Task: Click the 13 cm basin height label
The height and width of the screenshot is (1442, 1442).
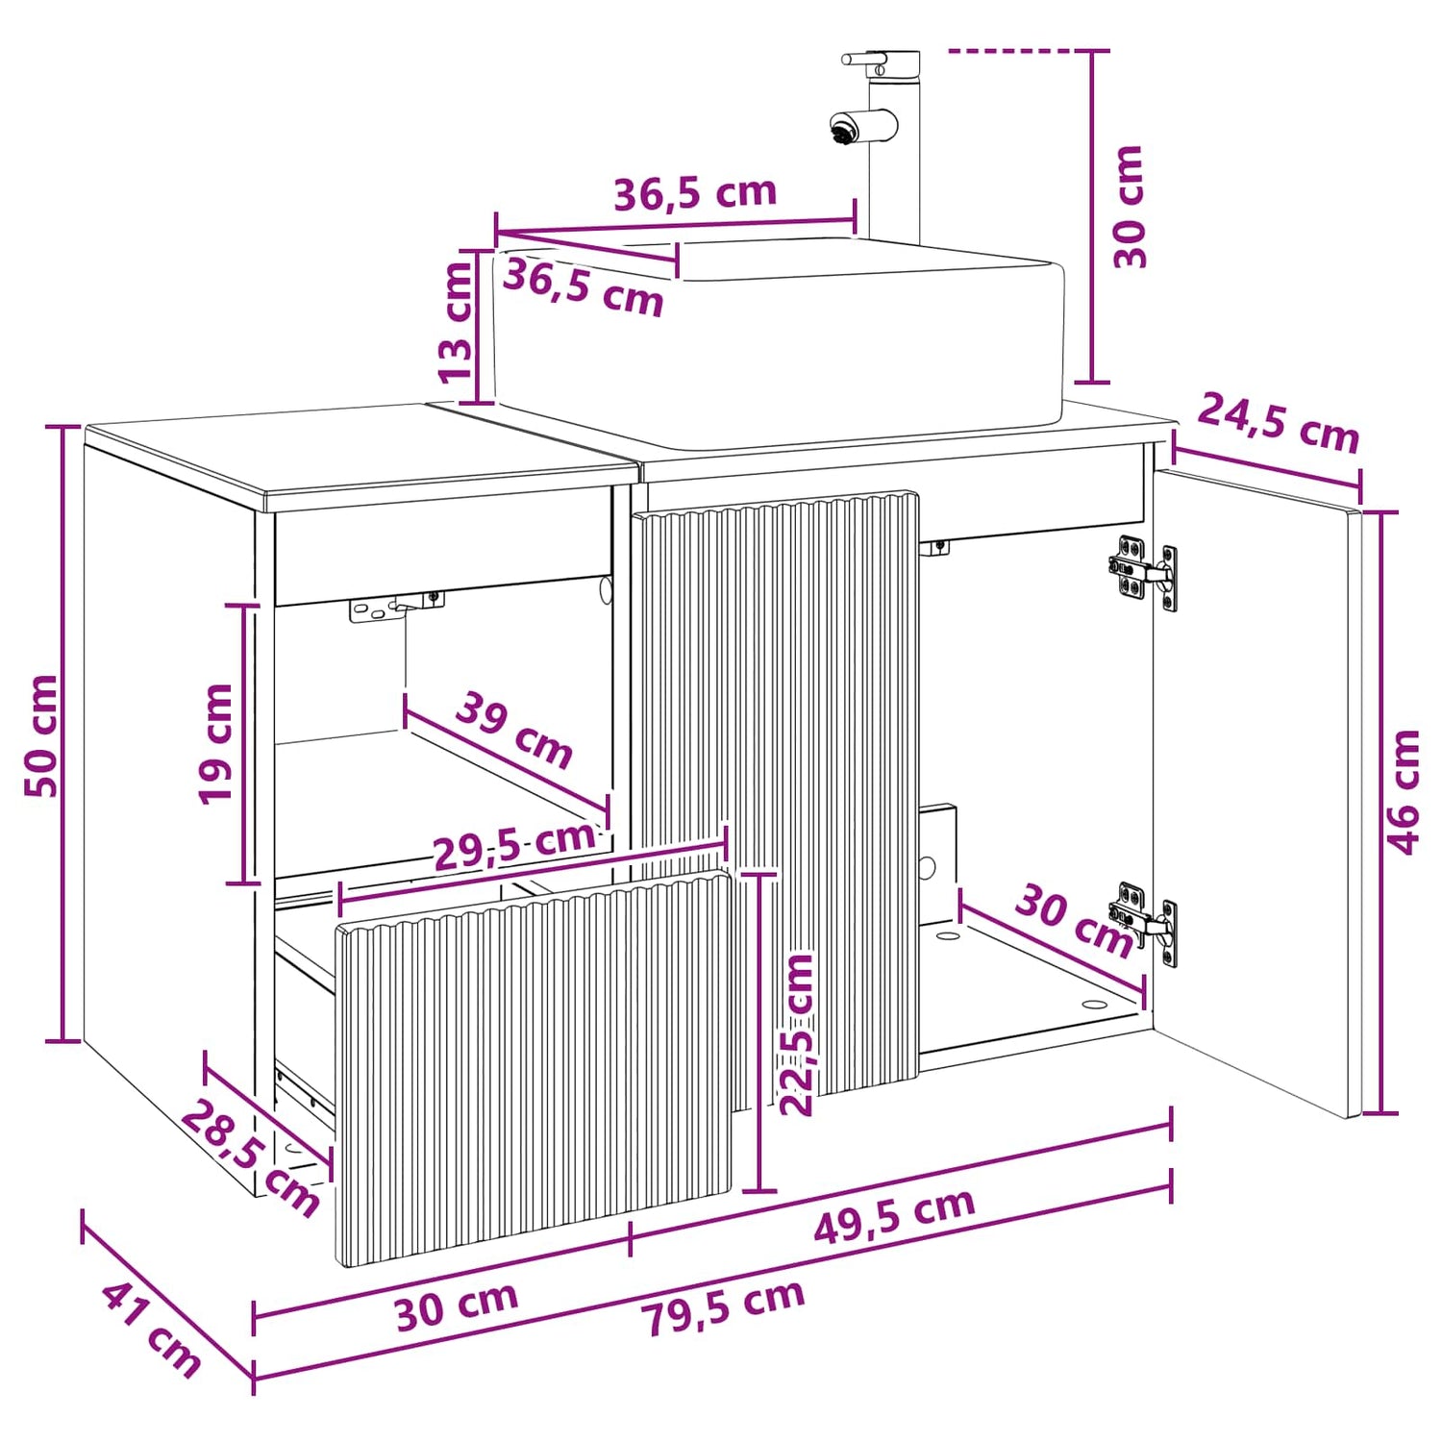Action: coord(456,321)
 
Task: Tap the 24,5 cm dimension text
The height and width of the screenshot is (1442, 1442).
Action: coord(1279,423)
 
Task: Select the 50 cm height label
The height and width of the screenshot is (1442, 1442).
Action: coord(42,735)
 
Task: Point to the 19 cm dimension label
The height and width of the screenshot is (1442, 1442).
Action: coord(215,743)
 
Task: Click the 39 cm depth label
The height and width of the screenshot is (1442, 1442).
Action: coord(514,730)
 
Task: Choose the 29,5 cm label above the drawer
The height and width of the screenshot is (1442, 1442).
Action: coord(514,845)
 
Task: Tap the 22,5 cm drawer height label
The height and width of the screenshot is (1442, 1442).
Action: coord(796,1034)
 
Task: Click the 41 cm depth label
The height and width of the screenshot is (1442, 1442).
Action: coord(152,1330)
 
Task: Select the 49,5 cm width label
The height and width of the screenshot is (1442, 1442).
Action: coord(894,1216)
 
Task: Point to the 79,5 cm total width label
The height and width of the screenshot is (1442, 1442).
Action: coord(724,1308)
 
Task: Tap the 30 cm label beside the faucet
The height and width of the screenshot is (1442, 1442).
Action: coord(1129,207)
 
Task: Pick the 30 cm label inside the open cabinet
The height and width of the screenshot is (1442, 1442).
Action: coord(1075,921)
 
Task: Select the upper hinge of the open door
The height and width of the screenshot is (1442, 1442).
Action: coord(1142,574)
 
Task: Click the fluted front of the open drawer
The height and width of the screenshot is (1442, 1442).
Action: coord(535,1067)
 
